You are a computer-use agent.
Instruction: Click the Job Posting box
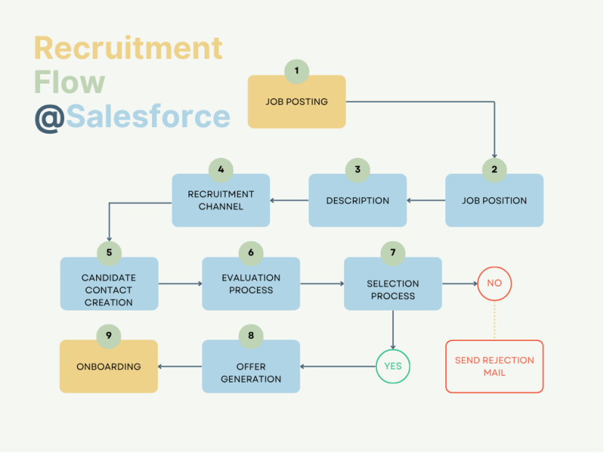click(297, 102)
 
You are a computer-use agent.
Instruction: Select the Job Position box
click(494, 200)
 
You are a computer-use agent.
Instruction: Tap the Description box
click(357, 200)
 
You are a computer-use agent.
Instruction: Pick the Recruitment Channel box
click(220, 200)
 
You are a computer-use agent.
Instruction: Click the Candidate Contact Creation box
click(109, 284)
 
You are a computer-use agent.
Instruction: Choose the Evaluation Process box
click(251, 284)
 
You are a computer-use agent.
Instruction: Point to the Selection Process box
click(393, 284)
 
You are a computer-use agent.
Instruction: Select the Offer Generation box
click(251, 366)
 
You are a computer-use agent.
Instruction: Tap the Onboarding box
click(108, 366)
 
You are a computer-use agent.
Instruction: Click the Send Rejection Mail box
click(494, 366)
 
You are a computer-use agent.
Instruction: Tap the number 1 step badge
click(297, 71)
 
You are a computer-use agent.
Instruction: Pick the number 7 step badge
click(393, 253)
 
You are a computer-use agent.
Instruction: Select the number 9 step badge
click(108, 336)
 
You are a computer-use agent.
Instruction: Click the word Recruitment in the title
click(128, 48)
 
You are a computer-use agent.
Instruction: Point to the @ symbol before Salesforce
click(49, 118)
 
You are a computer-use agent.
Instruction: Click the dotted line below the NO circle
click(494, 320)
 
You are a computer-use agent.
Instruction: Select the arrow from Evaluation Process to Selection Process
click(322, 284)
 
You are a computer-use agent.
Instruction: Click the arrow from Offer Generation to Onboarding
click(180, 366)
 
